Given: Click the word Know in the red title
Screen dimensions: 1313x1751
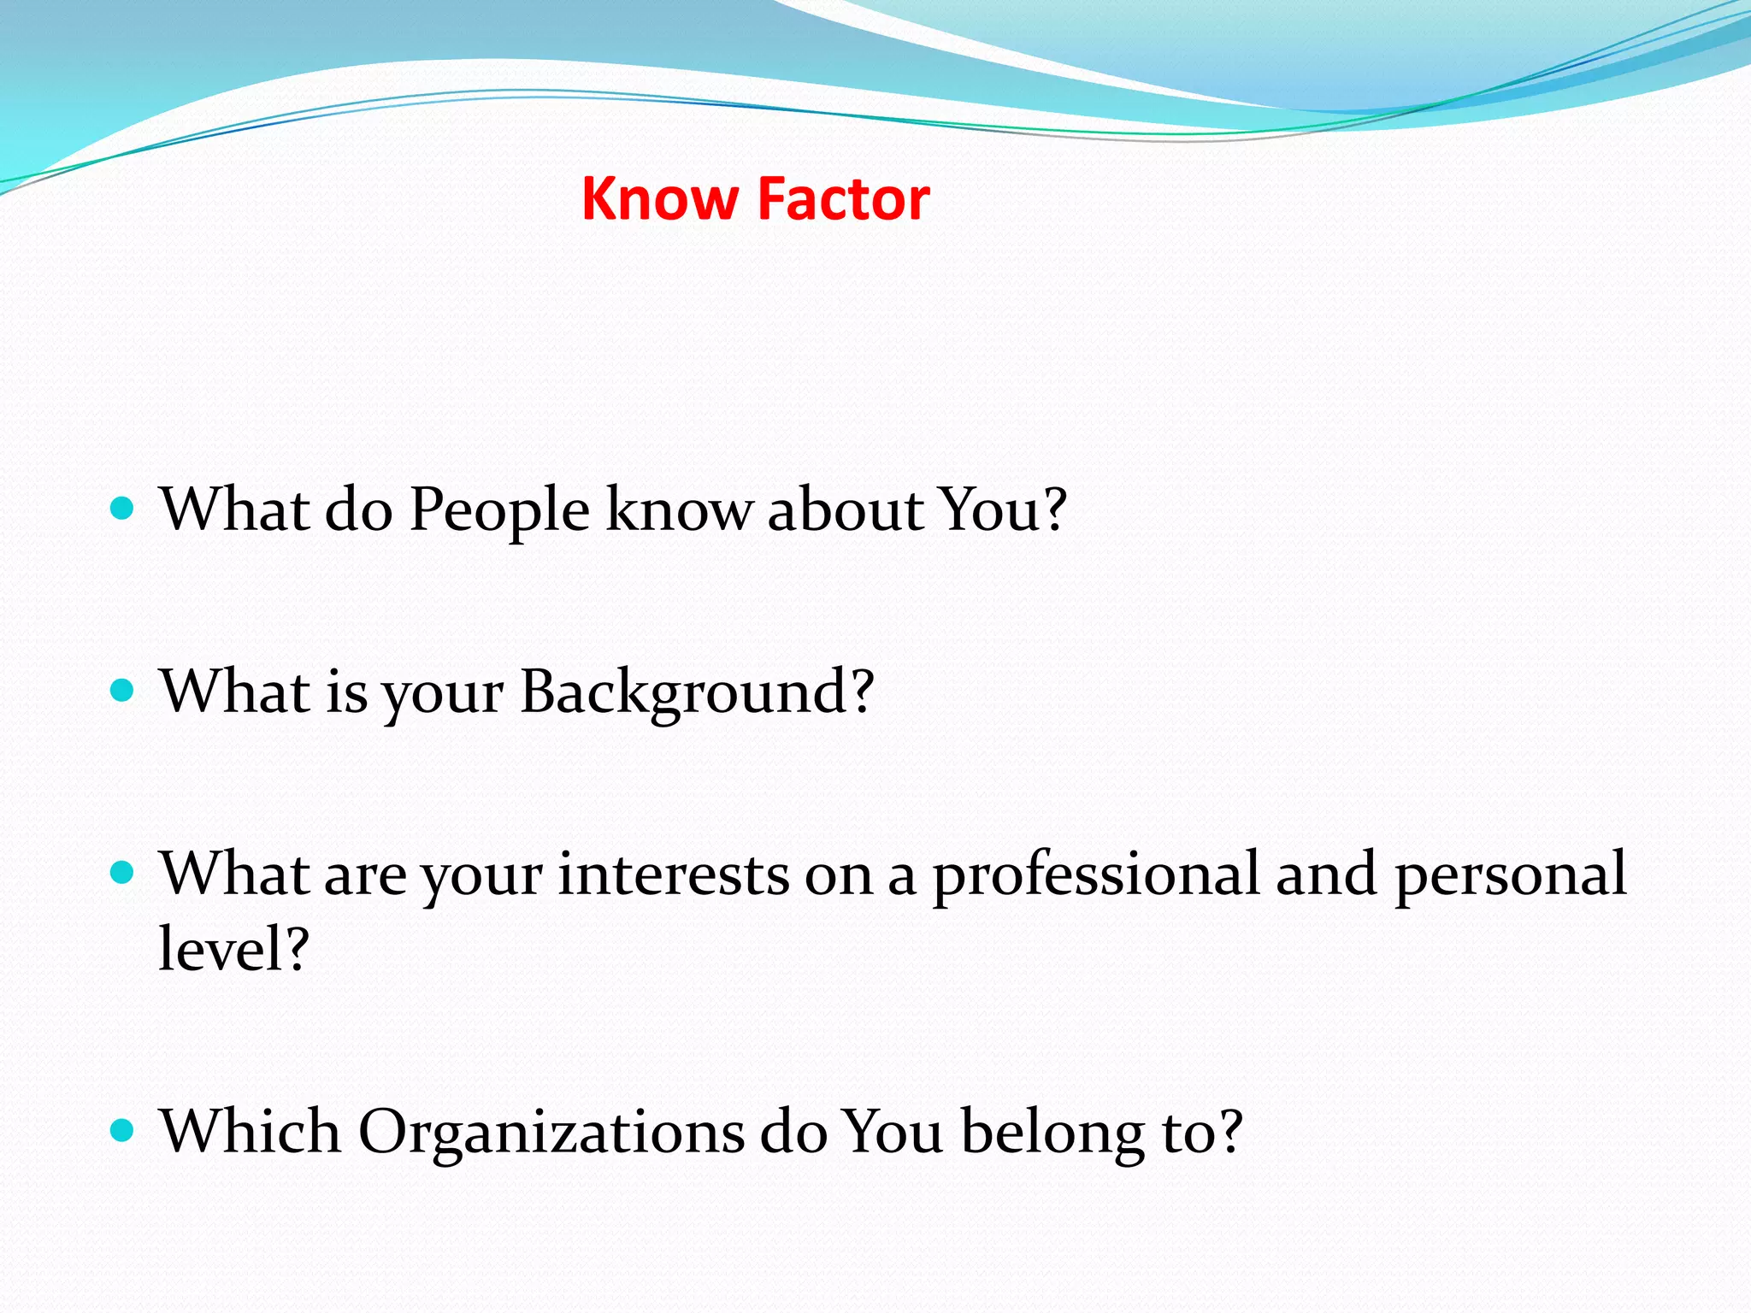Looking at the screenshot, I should coord(659,199).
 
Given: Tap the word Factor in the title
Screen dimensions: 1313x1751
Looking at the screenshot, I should coord(843,199).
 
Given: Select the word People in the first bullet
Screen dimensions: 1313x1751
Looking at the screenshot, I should coord(499,511).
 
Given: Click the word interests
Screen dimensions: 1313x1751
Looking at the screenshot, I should coord(674,874).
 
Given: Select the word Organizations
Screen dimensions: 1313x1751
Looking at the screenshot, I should coord(551,1133).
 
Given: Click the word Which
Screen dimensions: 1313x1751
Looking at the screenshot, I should coord(251,1131).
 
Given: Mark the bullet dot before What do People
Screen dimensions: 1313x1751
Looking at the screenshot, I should coord(123,509).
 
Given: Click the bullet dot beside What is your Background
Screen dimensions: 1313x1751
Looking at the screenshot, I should coord(123,691).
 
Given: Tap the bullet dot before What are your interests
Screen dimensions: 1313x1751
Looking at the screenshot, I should coord(123,873).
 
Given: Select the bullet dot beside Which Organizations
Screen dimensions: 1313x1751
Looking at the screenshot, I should coord(123,1131).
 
